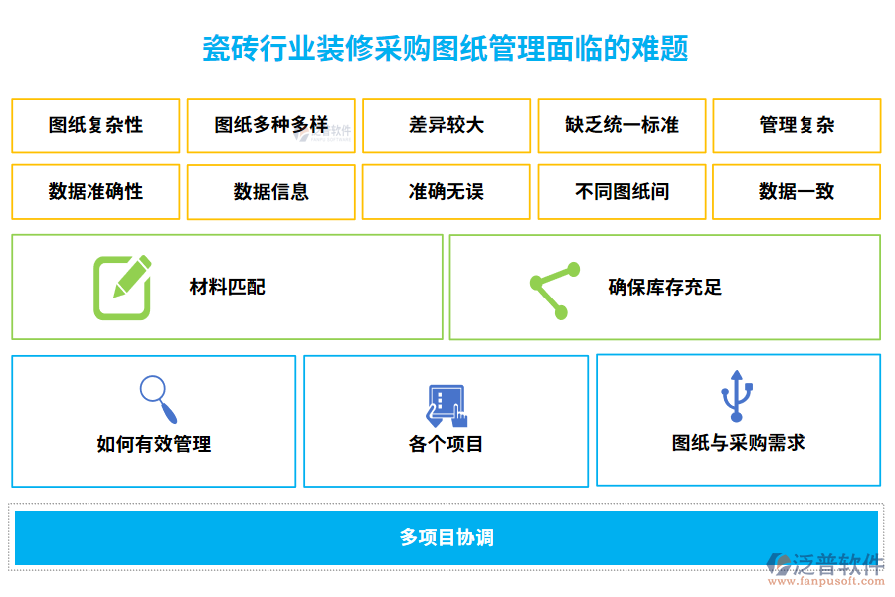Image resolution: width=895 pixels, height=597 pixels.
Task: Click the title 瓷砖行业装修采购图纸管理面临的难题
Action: coord(446,48)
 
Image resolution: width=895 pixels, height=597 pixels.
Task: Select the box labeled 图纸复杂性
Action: coord(95,125)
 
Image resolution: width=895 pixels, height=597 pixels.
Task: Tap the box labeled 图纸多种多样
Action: coord(270,125)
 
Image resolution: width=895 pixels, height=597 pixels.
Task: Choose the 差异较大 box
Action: coord(447,125)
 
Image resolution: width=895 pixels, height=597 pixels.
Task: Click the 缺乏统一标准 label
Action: coord(622,125)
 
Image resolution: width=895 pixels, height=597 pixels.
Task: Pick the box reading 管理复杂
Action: coord(797,125)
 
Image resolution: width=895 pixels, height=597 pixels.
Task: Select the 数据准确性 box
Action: coord(95,192)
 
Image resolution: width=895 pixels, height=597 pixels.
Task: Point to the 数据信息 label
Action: coord(270,192)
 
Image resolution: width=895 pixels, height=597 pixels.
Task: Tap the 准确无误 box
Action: coord(447,192)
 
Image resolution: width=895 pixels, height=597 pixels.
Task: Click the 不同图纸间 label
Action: coord(622,192)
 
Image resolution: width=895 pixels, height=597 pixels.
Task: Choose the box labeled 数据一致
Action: coord(797,192)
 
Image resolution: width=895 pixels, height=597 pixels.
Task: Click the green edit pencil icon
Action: coord(123,288)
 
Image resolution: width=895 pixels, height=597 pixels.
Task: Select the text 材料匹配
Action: coord(228,288)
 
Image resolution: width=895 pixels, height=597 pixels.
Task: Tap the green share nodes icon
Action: coord(554,290)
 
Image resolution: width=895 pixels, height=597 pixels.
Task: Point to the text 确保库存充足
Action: coord(664,288)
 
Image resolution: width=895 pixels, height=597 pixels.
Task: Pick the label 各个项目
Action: coord(446,444)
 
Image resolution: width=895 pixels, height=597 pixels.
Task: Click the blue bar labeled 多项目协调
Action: coord(447,538)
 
